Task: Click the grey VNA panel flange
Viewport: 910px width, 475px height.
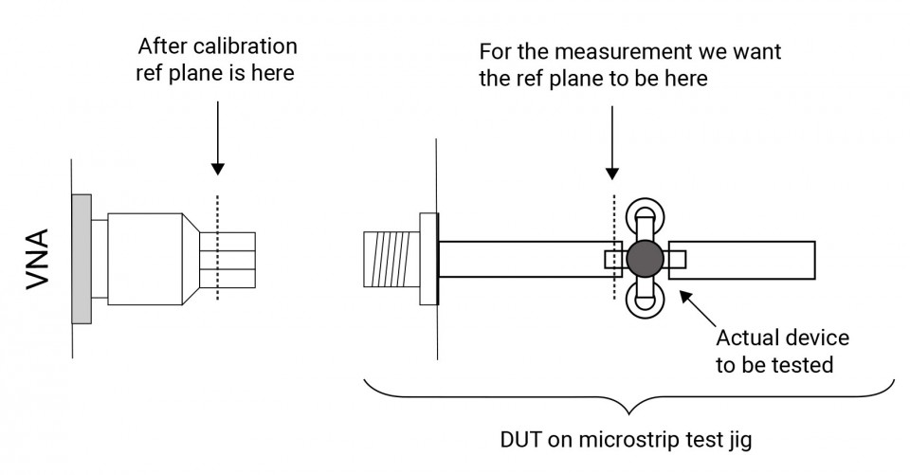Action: pyautogui.click(x=82, y=258)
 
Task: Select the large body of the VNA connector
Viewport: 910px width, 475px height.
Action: pyautogui.click(x=144, y=258)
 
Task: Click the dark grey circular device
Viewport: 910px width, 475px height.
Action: pyautogui.click(x=645, y=258)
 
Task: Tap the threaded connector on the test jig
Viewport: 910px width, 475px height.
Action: pyautogui.click(x=389, y=258)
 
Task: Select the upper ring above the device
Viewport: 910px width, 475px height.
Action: pyautogui.click(x=645, y=213)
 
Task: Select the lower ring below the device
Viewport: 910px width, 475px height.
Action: pyautogui.click(x=645, y=302)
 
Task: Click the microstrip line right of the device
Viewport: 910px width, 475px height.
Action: pyautogui.click(x=749, y=259)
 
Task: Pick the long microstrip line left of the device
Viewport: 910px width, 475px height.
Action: pyautogui.click(x=521, y=258)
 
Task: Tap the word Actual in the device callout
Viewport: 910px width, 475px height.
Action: pyautogui.click(x=744, y=338)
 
